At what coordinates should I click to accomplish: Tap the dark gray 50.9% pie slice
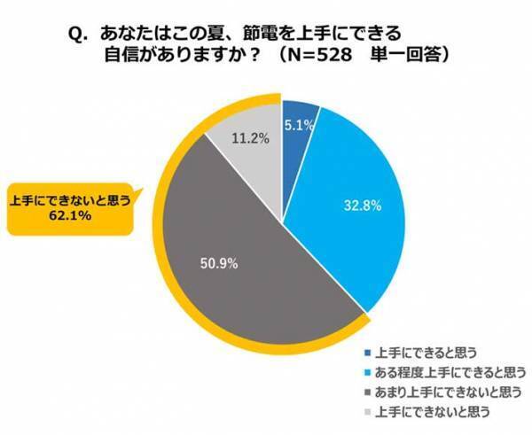(x=231, y=266)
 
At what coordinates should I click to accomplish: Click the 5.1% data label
(x=300, y=126)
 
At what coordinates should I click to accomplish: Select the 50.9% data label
(x=219, y=263)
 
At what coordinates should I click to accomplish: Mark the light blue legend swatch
(x=367, y=369)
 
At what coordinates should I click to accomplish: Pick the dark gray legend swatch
(x=367, y=390)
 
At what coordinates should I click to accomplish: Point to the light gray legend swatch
(x=367, y=411)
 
